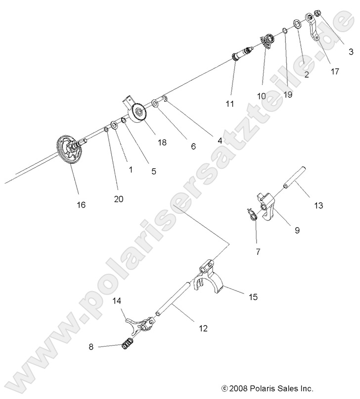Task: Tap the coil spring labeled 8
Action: (x=128, y=342)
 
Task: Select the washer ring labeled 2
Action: (x=299, y=25)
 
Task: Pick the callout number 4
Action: (x=220, y=141)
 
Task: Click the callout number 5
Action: (x=153, y=171)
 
